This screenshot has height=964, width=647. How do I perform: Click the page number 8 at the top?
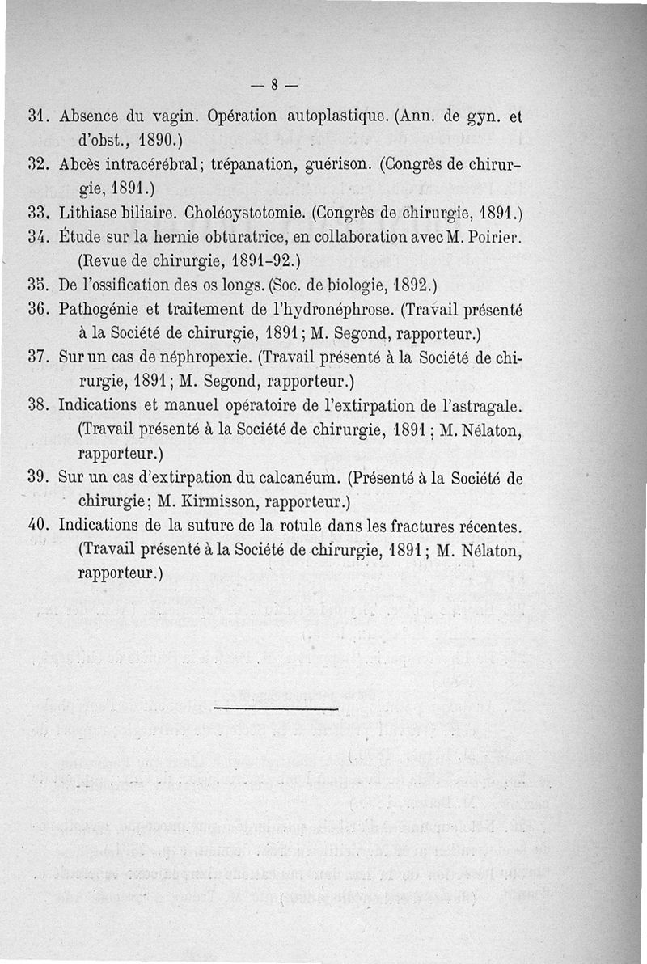275,82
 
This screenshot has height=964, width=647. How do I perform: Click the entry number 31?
40,116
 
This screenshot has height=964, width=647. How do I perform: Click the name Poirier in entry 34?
497,240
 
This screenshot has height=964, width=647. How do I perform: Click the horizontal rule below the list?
276,709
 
